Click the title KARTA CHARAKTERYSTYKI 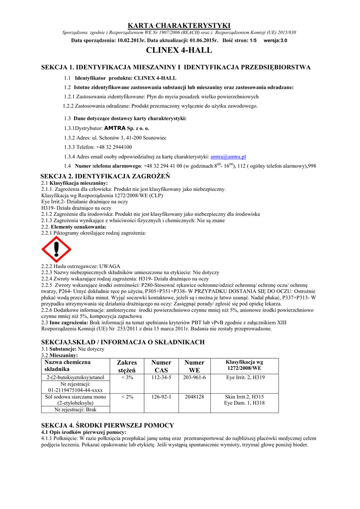(x=180, y=25)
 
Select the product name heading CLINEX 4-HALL (x=180, y=50)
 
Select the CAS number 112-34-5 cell (x=161, y=378)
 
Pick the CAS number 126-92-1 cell (x=161, y=397)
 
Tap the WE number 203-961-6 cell (x=194, y=378)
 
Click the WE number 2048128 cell (x=194, y=397)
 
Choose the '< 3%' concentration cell (x=127, y=378)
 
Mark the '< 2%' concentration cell (x=127, y=397)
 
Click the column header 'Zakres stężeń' (x=127, y=366)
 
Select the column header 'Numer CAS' (x=161, y=366)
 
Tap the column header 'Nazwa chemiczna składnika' (x=64, y=366)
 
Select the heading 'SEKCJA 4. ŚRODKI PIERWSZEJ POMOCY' (x=107, y=425)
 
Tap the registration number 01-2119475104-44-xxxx (x=75, y=390)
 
